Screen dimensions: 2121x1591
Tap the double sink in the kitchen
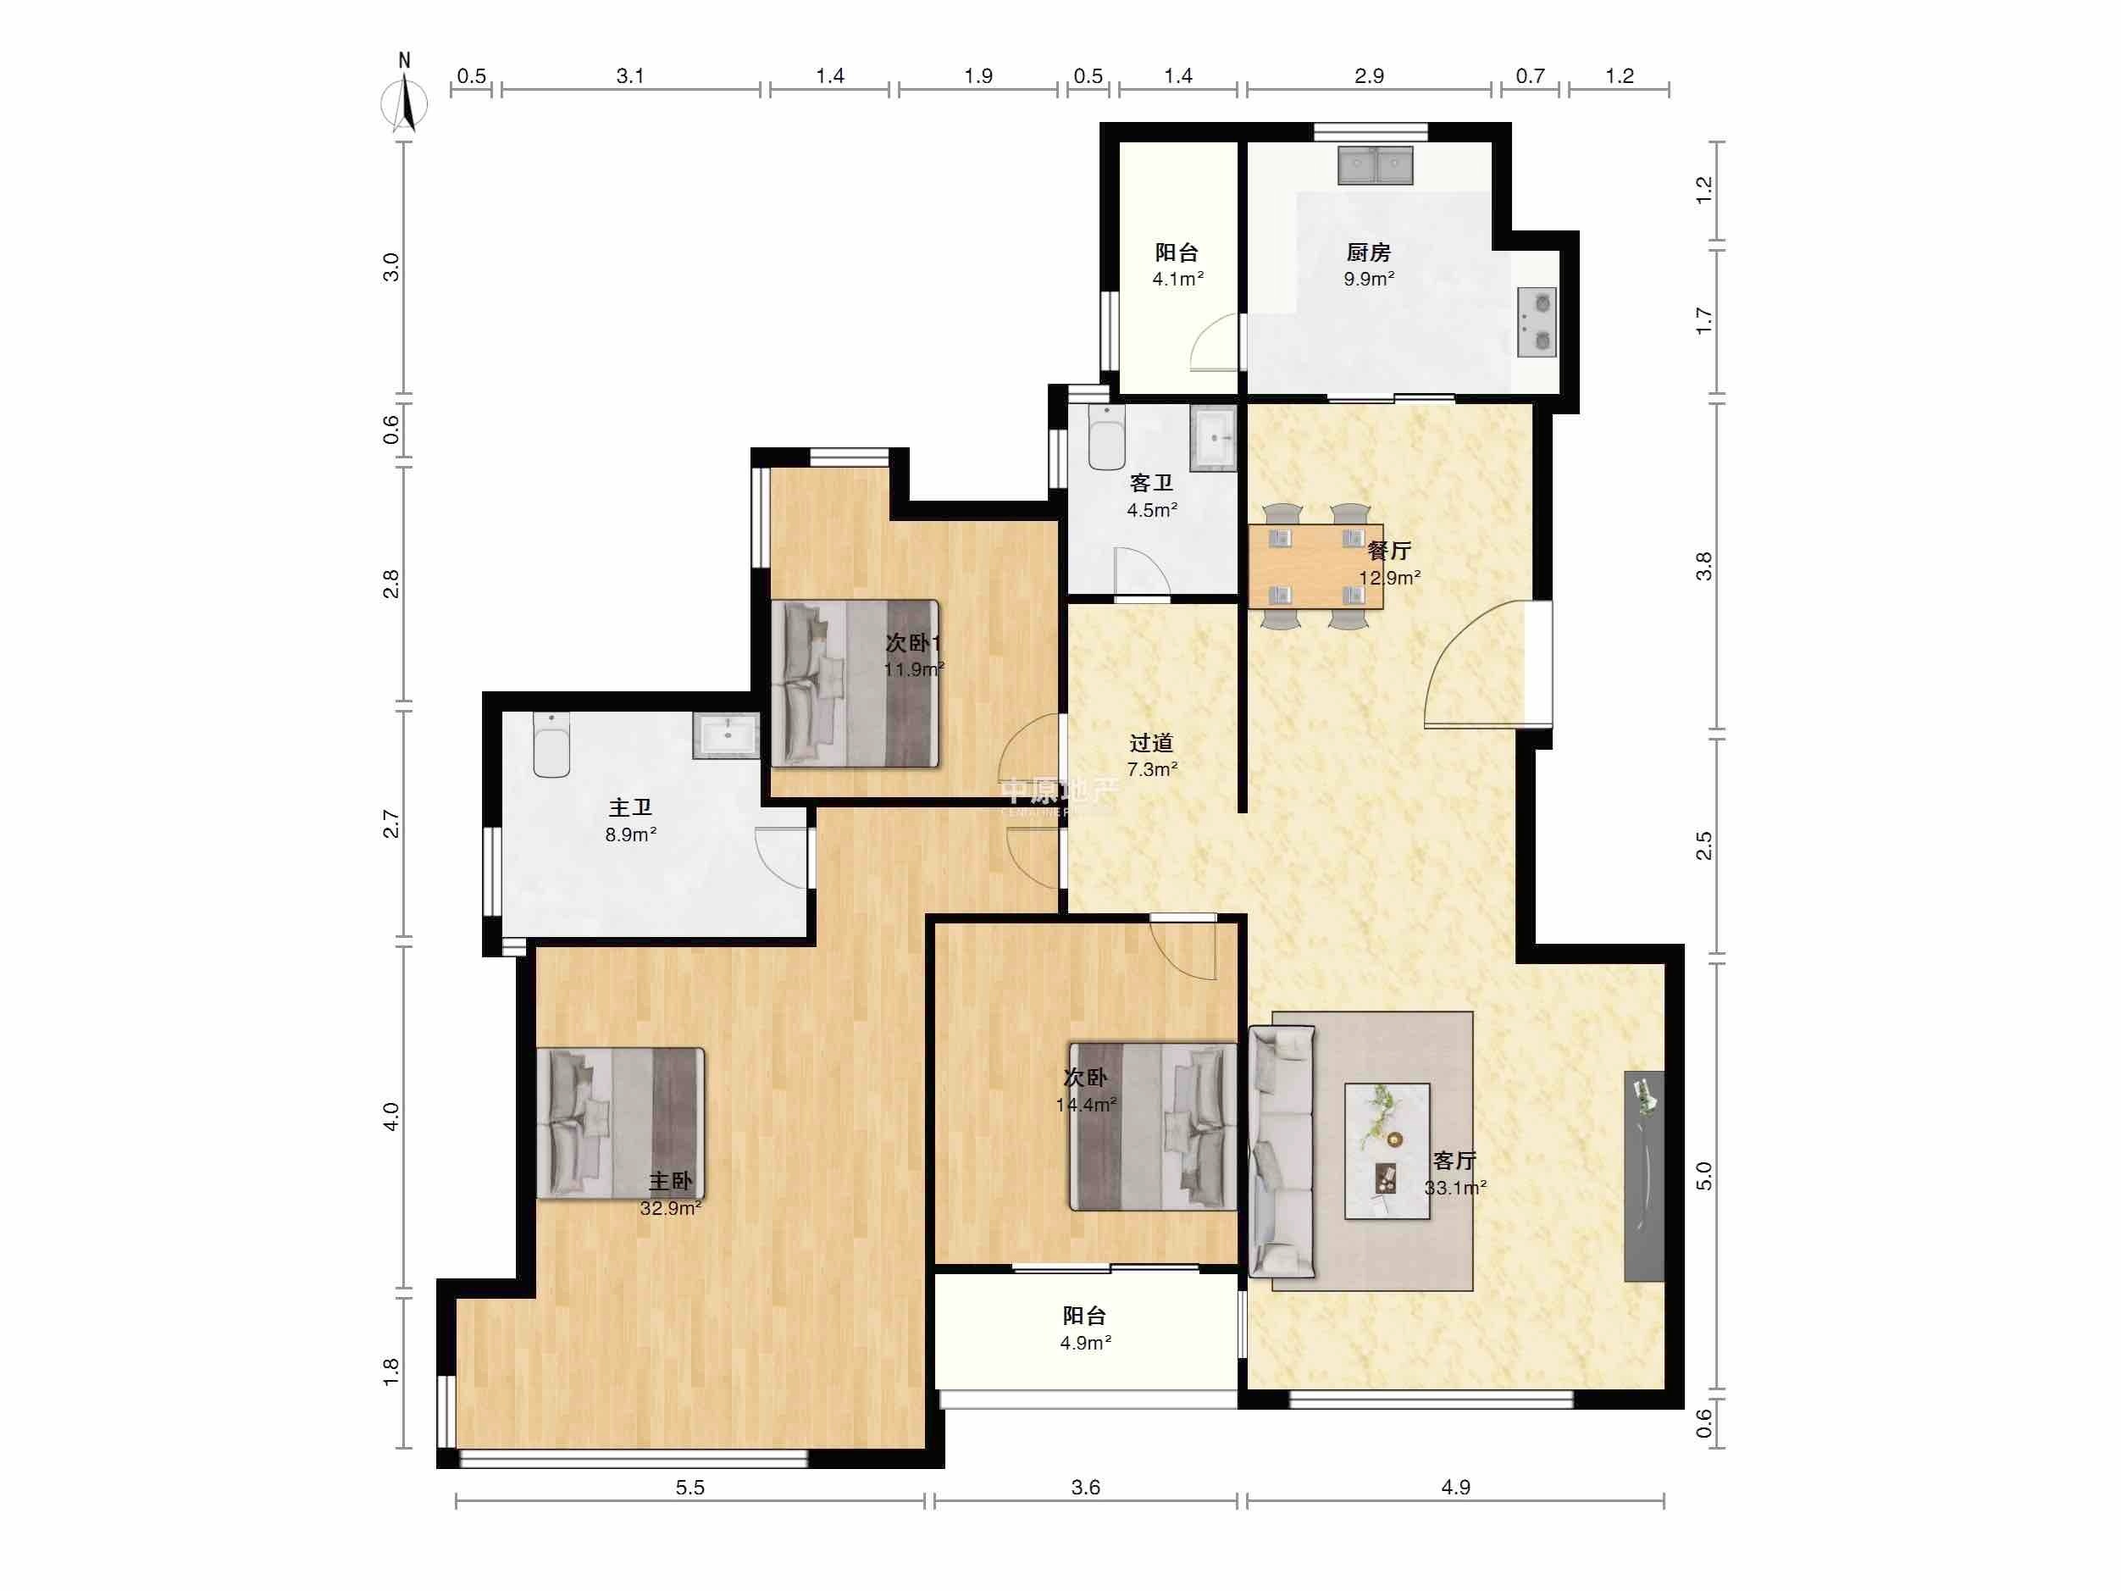(1376, 165)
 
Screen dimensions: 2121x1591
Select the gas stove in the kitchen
(1536, 322)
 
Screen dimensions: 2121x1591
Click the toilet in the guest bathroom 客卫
(1106, 438)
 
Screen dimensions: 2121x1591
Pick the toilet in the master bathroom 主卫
(551, 746)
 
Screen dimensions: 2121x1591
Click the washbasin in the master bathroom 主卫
(726, 735)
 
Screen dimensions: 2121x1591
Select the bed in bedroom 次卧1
(856, 683)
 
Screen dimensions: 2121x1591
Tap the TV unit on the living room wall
(1643, 1176)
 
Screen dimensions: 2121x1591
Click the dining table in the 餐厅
(1315, 567)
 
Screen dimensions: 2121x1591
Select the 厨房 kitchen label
(1368, 252)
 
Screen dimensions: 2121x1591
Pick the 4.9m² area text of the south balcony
(1085, 1343)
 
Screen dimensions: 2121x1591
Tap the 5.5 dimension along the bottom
(689, 1488)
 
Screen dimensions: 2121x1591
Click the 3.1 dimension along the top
(630, 75)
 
